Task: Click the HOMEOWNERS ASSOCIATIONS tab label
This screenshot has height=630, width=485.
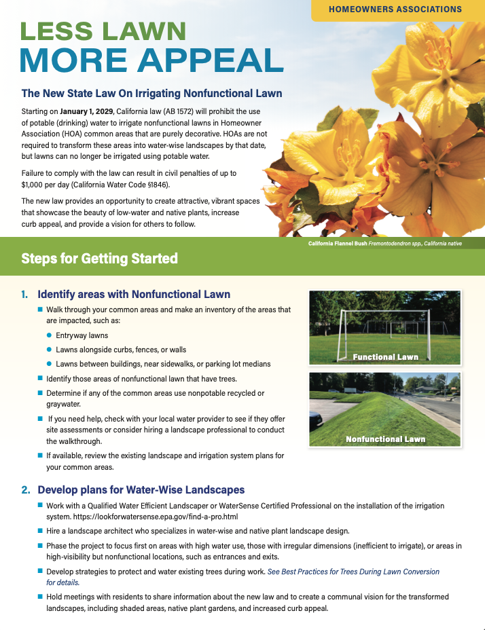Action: (x=395, y=10)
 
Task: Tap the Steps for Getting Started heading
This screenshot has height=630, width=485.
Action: (x=99, y=258)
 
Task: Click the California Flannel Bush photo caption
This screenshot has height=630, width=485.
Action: (x=385, y=243)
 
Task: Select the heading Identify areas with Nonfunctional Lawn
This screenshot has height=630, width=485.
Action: (x=134, y=295)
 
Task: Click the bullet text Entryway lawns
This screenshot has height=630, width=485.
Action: (x=82, y=335)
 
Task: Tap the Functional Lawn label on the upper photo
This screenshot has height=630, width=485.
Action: (x=385, y=356)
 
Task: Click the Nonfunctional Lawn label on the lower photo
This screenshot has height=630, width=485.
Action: (x=385, y=439)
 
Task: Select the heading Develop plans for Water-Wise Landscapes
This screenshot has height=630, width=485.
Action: (x=141, y=489)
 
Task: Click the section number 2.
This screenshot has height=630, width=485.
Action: (x=24, y=489)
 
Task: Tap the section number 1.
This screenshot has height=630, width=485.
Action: (x=24, y=295)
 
